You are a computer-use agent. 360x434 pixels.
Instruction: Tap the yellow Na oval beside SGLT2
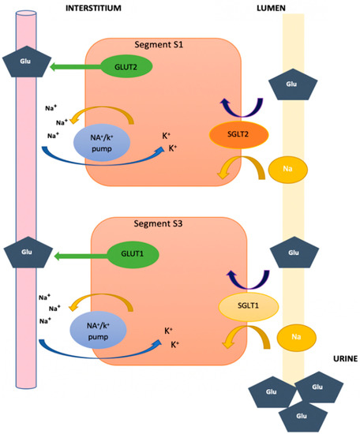(x=291, y=168)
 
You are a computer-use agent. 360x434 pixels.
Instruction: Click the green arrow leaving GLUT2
(x=75, y=69)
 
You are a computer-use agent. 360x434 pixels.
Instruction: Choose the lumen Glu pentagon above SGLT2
(x=292, y=82)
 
